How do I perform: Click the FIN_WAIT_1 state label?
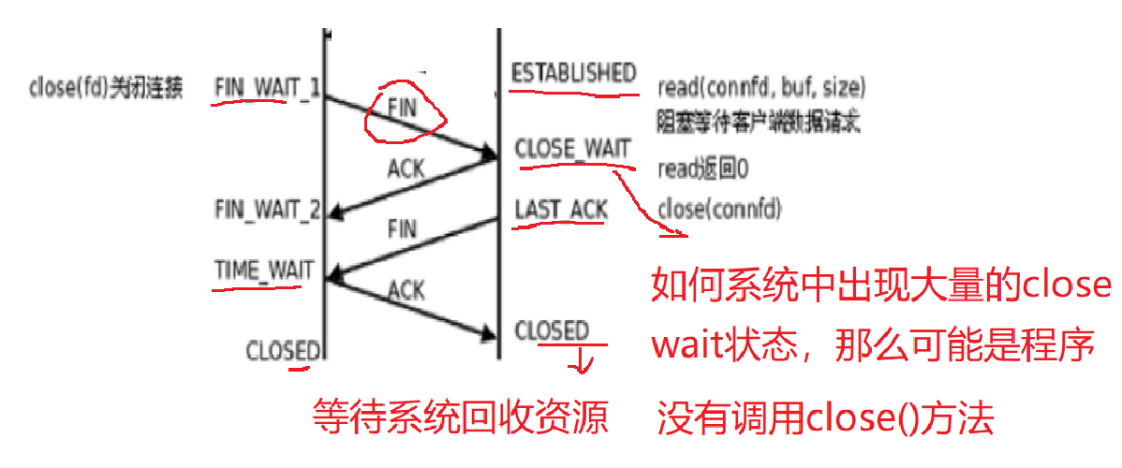267,86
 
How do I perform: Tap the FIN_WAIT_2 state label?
268,209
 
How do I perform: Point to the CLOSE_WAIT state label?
573,150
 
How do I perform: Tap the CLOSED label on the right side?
552,330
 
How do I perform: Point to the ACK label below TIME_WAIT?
406,291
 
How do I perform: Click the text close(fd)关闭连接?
106,88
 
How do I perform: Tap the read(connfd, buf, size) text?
761,88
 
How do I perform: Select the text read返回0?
705,168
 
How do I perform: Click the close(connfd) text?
720,208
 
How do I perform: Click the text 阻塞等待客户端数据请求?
759,121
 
